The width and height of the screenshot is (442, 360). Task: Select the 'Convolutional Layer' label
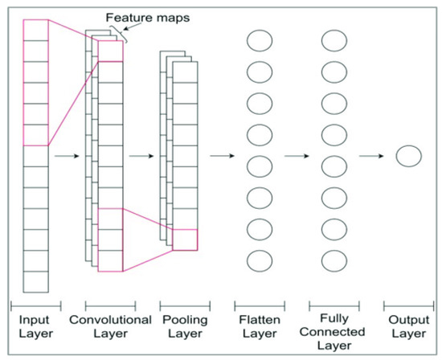pos(111,325)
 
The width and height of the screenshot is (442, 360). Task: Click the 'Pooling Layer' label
pos(185,325)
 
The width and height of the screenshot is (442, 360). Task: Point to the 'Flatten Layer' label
pos(259,325)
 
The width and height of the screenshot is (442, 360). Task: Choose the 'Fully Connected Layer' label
pos(334,331)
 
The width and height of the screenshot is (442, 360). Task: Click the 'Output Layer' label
pos(407,325)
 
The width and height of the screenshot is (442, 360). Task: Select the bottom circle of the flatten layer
pos(260,260)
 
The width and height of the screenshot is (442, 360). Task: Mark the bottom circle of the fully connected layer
pos(334,260)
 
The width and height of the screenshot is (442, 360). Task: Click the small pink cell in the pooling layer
pos(185,239)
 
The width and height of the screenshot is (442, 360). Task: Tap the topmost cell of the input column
pos(36,30)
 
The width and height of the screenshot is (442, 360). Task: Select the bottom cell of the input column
pos(36,282)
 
